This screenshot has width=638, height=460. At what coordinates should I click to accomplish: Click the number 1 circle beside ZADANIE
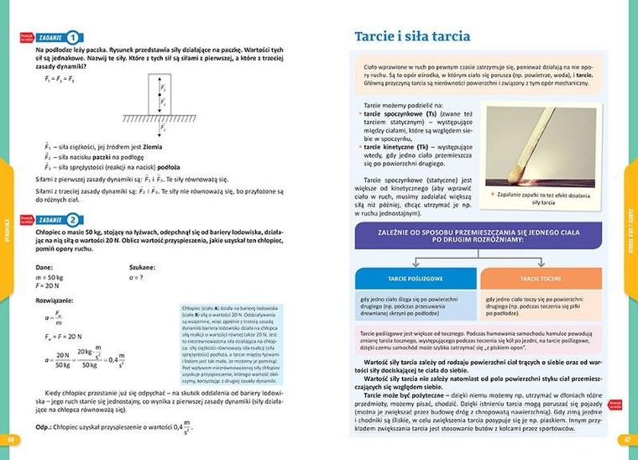click(74, 38)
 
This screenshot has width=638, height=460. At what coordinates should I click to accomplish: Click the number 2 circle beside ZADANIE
click(74, 220)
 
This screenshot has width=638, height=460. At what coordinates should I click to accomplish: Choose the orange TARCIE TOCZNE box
click(541, 277)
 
